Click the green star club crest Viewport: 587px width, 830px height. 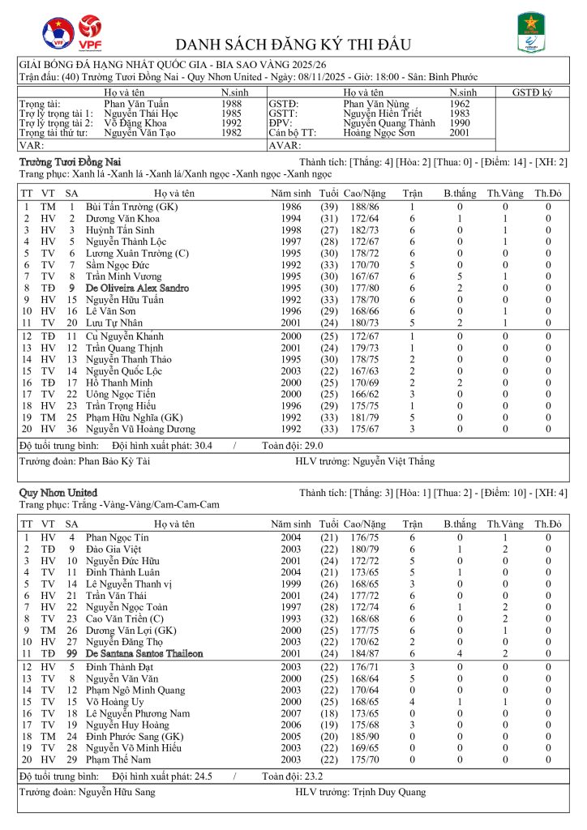(531, 32)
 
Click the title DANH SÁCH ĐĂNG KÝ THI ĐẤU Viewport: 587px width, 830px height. (293, 44)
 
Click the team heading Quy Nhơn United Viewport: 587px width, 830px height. (58, 493)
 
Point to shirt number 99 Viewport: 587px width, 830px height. (71, 652)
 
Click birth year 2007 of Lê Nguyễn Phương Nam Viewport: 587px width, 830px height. (291, 713)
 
